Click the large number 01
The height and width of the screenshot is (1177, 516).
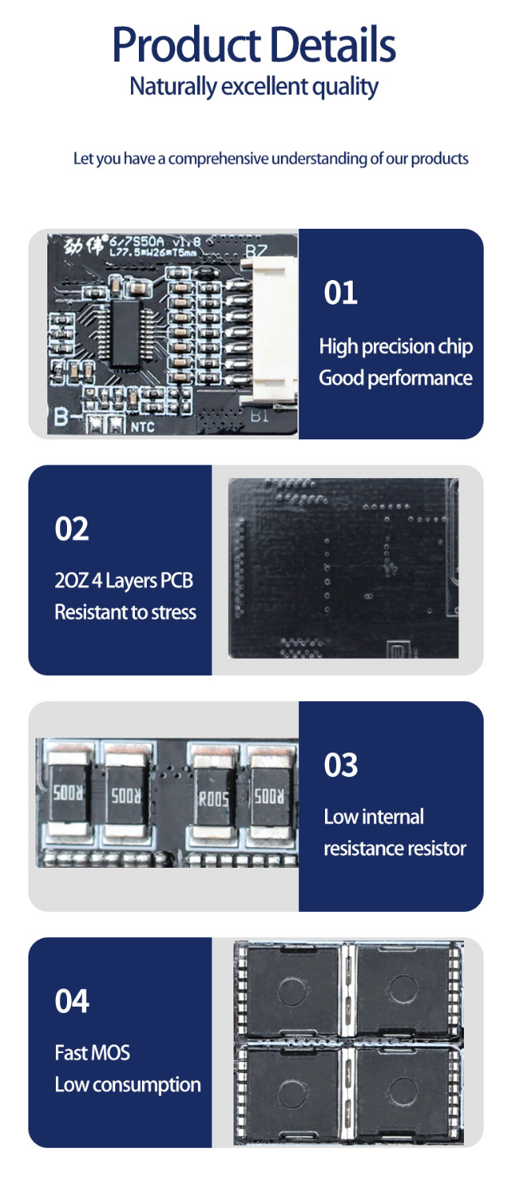(x=341, y=293)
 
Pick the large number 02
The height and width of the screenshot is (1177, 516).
(x=72, y=529)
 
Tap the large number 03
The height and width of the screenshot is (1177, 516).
(x=341, y=765)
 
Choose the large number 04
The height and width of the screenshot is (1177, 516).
(x=72, y=1001)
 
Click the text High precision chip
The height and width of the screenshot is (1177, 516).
(x=395, y=347)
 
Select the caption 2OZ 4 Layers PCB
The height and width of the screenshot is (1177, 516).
(x=124, y=581)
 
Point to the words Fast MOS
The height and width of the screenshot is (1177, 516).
(x=92, y=1052)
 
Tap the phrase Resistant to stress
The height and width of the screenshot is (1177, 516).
(x=125, y=612)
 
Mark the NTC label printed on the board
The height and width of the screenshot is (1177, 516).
(x=142, y=427)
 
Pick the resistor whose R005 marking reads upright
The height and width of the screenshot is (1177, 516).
(x=213, y=799)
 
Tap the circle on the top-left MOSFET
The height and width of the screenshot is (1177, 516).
(x=292, y=992)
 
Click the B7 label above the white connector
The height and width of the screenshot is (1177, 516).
(x=256, y=251)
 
